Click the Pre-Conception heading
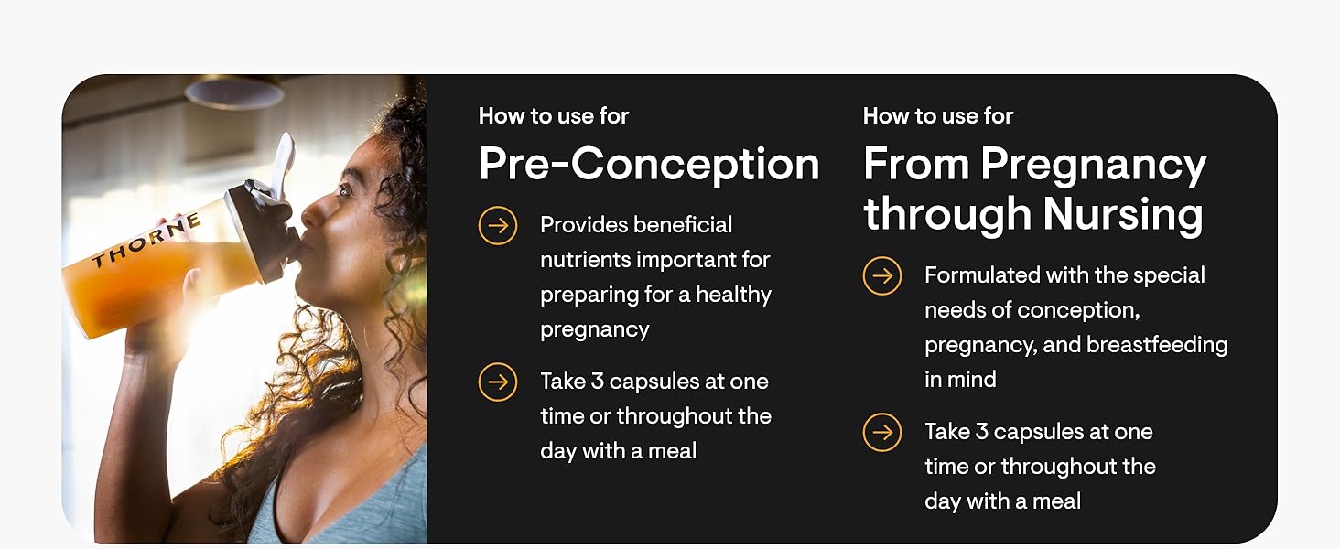coord(648,165)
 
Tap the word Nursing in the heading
coord(1123,213)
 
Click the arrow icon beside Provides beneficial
coord(498,225)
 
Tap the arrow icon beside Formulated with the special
coord(882,275)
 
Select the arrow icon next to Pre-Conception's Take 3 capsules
coord(498,382)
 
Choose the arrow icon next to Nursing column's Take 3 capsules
coord(882,432)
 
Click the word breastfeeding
coord(1157,344)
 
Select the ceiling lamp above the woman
coord(234,92)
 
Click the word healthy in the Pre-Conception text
coord(733,295)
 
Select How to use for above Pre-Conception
coord(554,116)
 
